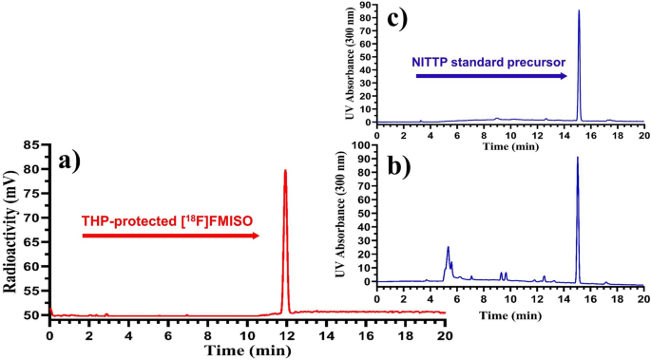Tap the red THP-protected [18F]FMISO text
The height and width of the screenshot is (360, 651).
pyautogui.click(x=172, y=221)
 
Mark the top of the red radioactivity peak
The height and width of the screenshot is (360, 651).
pyautogui.click(x=285, y=171)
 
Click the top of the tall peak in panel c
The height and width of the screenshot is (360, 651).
pyautogui.click(x=579, y=11)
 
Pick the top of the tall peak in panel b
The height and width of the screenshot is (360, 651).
pyautogui.click(x=578, y=158)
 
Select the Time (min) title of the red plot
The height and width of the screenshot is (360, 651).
pyautogui.click(x=246, y=350)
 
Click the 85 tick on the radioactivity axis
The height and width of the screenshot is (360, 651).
pyautogui.click(x=32, y=145)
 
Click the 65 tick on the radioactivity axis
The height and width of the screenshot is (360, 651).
pyautogui.click(x=32, y=242)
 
